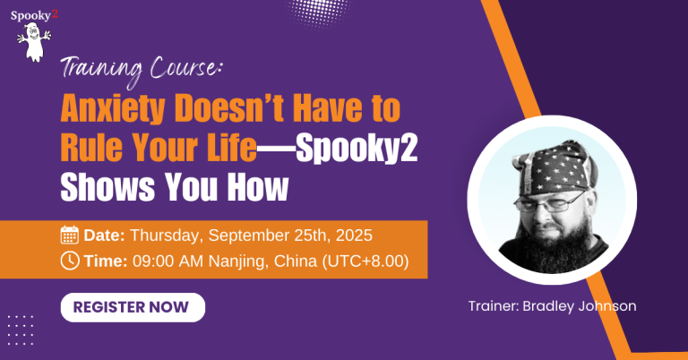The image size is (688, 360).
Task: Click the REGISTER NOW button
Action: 133,307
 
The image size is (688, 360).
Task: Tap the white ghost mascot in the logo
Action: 34,42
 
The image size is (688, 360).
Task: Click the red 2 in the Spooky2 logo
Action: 55,14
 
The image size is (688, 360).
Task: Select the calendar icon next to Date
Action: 69,235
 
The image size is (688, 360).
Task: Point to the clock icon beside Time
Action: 70,261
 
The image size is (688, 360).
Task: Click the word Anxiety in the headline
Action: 113,109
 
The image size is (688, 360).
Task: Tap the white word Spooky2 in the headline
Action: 357,149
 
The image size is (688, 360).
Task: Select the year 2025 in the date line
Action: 354,235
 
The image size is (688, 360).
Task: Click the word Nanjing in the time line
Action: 237,261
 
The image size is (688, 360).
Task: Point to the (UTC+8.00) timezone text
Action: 365,261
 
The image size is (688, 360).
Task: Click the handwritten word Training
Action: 102,69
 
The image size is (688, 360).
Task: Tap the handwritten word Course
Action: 184,68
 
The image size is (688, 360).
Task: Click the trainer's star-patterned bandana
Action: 554,167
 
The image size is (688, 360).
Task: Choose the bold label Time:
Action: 106,261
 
